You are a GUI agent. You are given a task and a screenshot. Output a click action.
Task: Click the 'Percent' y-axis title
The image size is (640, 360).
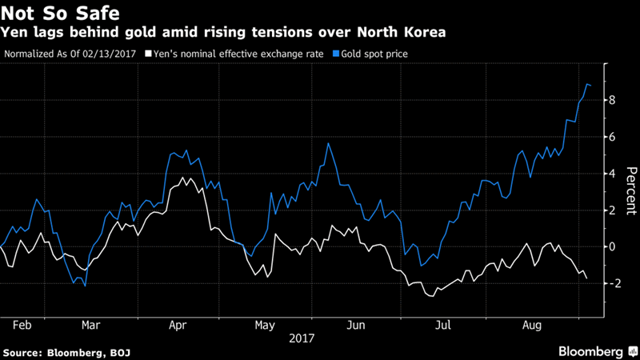[x=630, y=193]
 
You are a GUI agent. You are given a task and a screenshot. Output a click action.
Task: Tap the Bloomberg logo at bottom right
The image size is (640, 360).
[x=591, y=351]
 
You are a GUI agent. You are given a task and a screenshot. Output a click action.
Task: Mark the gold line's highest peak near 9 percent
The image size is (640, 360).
[x=587, y=84]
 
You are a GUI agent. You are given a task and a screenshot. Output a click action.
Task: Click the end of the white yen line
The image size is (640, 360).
[x=586, y=278]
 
